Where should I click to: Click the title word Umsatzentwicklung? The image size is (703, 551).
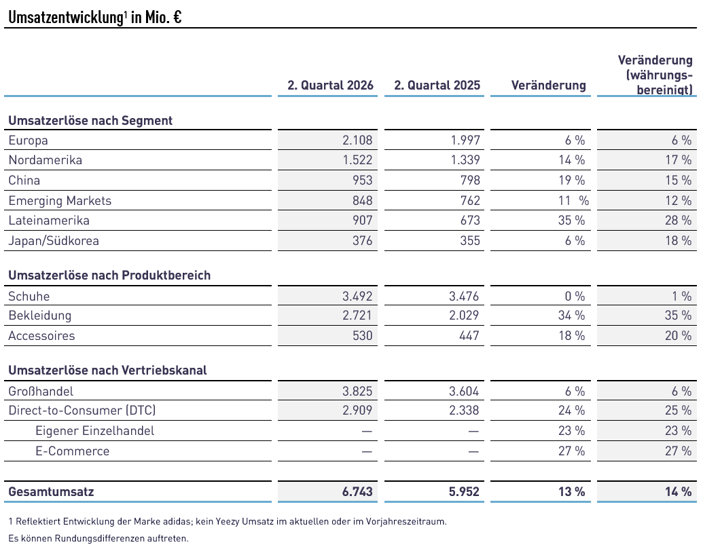coord(66,18)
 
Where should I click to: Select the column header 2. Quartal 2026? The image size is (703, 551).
coord(330,85)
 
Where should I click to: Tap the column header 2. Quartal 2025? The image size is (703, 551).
coord(437,85)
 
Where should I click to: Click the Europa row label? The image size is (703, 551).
coord(29,140)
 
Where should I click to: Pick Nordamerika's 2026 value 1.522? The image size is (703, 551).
coord(358,160)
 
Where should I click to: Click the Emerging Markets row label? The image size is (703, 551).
coord(60,201)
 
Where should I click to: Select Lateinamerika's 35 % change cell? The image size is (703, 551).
coord(572,221)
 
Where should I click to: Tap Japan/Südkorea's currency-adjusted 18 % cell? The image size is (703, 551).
coord(679,241)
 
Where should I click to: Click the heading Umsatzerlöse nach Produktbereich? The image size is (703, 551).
coord(109,275)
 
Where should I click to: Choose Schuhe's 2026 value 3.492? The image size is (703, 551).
coord(357,296)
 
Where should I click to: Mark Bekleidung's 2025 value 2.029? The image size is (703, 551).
coord(464,316)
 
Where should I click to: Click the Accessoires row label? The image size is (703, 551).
coord(41,336)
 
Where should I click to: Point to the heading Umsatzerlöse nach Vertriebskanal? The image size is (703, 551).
coord(107,370)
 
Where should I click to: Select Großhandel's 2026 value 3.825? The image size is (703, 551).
coord(357,391)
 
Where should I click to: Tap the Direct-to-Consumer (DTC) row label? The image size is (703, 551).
coord(82,411)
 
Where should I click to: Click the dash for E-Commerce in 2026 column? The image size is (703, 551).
coord(367,451)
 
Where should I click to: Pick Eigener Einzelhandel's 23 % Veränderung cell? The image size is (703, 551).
coord(572,430)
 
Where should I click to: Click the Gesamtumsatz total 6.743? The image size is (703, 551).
coord(357,492)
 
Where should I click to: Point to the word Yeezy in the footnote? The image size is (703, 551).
coord(228,521)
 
